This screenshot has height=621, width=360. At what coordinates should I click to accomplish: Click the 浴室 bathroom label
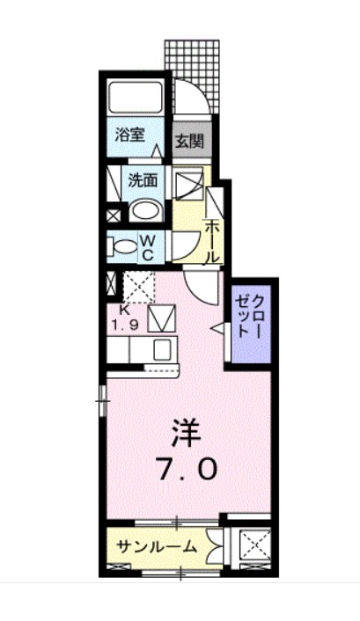[130, 135]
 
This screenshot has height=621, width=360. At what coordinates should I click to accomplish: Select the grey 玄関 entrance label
[187, 140]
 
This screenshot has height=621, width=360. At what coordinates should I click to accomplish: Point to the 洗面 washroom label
[143, 180]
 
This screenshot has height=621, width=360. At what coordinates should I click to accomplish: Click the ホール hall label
[212, 242]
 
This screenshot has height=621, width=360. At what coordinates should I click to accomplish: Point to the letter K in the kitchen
[124, 310]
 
